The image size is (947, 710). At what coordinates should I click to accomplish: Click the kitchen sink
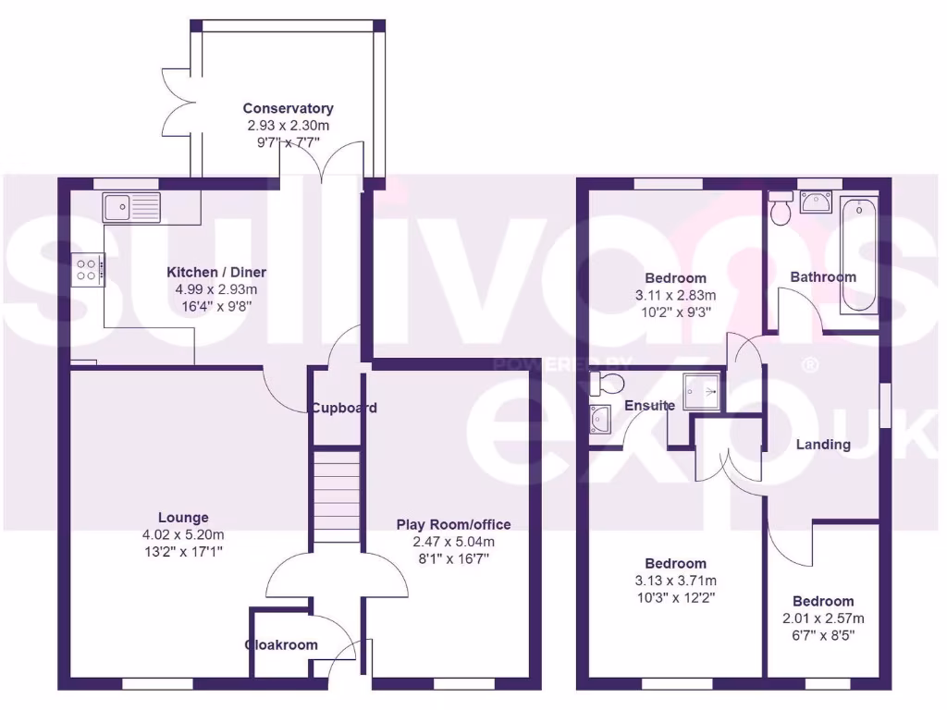pyautogui.click(x=131, y=206)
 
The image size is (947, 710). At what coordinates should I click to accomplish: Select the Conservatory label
pyautogui.click(x=288, y=109)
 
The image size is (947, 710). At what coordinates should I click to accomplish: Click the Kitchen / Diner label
pyautogui.click(x=216, y=273)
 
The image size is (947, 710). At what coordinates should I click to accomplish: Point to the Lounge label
pyautogui.click(x=183, y=518)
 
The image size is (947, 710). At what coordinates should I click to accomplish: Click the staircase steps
pyautogui.click(x=335, y=499)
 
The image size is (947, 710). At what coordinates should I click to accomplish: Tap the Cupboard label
pyautogui.click(x=343, y=408)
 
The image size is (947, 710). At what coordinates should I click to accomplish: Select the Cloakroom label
pyautogui.click(x=281, y=645)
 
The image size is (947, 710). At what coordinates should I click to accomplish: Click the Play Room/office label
pyautogui.click(x=453, y=524)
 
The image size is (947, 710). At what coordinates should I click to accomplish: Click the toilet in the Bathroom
pyautogui.click(x=781, y=209)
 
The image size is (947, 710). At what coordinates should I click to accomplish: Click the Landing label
pyautogui.click(x=823, y=445)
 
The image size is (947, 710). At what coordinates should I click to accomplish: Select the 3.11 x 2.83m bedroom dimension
pyautogui.click(x=675, y=295)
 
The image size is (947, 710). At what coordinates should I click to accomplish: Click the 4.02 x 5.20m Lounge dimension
pyautogui.click(x=183, y=534)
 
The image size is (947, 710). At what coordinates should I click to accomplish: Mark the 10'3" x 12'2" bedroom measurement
pyautogui.click(x=675, y=597)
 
